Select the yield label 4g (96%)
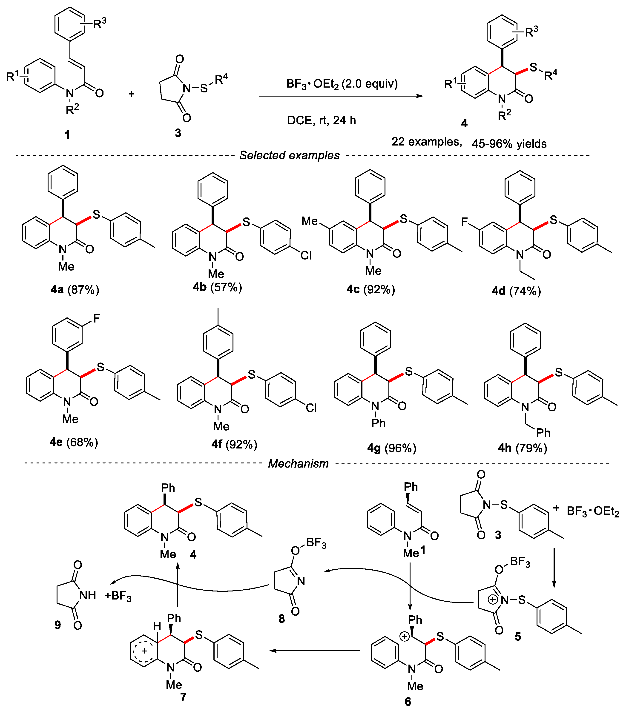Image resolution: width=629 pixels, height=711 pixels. click(x=392, y=448)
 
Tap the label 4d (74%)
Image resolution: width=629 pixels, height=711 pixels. click(x=516, y=291)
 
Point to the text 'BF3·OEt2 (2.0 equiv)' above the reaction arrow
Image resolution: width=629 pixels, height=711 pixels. click(x=342, y=84)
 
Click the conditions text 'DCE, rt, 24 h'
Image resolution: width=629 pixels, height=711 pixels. click(x=321, y=120)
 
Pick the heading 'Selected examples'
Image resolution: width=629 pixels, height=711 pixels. click(x=289, y=155)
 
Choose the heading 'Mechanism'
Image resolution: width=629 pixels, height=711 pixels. click(x=298, y=464)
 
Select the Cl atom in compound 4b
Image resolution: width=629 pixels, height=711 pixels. click(x=306, y=256)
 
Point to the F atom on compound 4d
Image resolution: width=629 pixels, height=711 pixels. click(x=464, y=222)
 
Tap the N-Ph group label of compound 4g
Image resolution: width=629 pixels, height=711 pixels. click(x=378, y=423)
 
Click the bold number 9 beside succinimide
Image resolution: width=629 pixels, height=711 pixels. click(x=58, y=625)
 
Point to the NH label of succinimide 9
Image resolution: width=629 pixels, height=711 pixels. click(x=88, y=595)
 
